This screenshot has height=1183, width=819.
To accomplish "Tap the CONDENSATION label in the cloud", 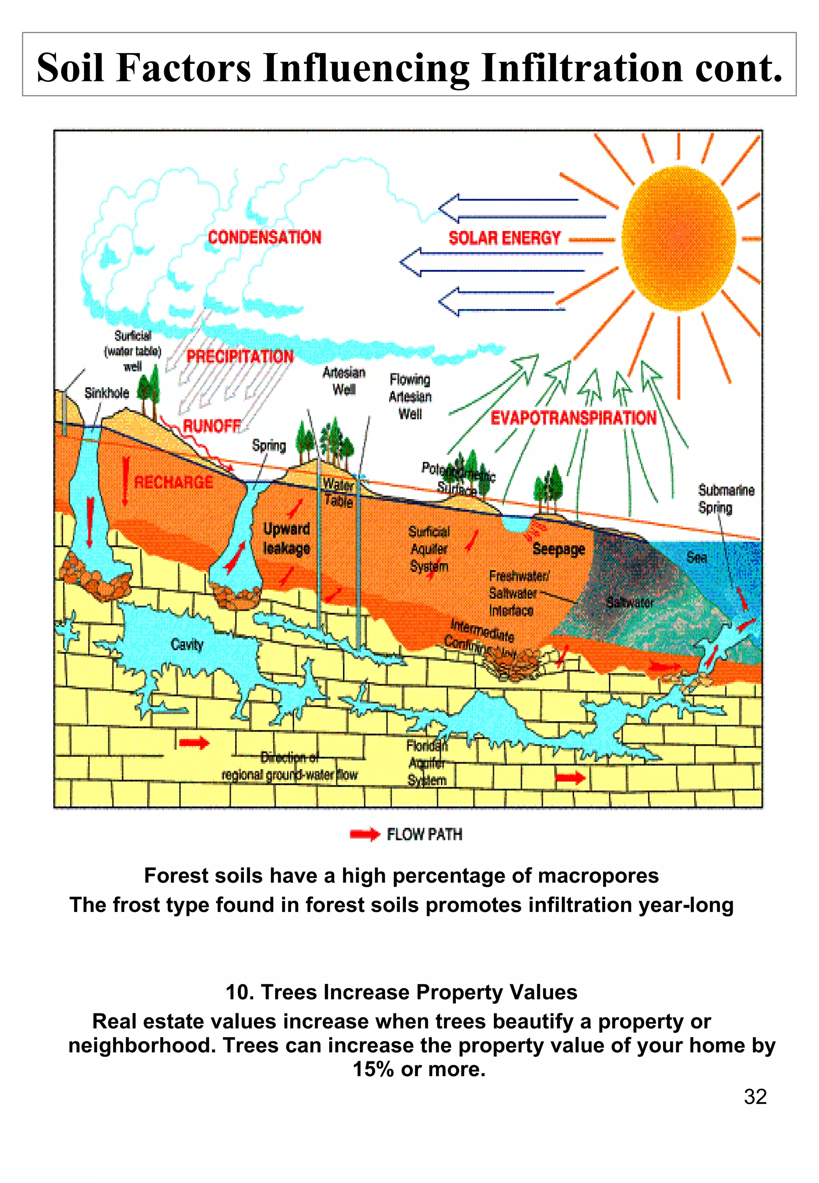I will (265, 237).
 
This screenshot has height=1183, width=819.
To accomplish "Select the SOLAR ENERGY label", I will (504, 238).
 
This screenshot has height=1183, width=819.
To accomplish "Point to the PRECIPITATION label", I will (240, 357).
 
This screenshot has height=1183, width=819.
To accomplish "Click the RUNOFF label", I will (212, 425).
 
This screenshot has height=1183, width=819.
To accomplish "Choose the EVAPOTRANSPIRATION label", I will (573, 418).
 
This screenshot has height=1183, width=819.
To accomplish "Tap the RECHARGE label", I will (174, 482).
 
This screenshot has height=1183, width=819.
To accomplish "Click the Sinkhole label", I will (107, 393).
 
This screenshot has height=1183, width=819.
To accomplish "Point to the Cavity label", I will (187, 644).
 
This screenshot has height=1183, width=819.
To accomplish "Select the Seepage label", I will (559, 549).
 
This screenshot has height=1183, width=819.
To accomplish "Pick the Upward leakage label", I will (286, 539).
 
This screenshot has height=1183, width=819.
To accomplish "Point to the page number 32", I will (755, 1096).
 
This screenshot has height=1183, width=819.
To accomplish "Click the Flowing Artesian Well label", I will (410, 397).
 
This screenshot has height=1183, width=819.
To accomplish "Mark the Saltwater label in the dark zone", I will (629, 602).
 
